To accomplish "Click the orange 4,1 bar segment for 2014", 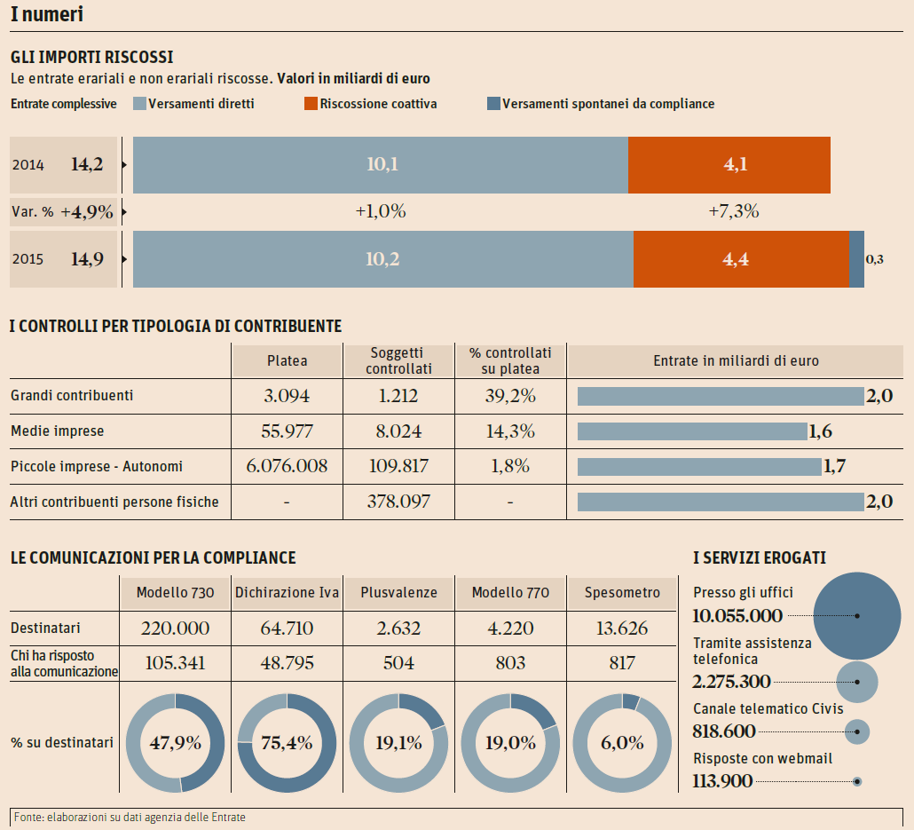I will point(729,165).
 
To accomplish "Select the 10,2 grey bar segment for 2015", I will point(382,259).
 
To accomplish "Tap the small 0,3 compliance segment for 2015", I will point(857,259).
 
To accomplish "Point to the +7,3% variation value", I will point(734,212).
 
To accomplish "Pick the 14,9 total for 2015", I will point(87,259).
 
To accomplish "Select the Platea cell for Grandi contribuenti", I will point(287,396).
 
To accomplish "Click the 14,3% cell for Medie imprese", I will point(510,431).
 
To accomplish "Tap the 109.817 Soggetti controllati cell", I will point(398,466).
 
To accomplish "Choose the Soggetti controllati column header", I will point(398,360).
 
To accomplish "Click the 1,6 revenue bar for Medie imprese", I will point(692,431).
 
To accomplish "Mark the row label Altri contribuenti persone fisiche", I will point(114,502).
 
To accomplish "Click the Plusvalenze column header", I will point(398,593).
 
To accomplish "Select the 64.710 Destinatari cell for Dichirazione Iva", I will point(287,628).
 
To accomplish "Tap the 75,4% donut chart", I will point(287,743).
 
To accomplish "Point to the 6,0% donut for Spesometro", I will point(622,743).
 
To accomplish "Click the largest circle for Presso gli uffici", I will point(856,615).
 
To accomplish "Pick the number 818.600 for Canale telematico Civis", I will point(724,731).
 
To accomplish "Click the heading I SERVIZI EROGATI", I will point(760,557).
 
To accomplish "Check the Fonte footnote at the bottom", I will point(130,817).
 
